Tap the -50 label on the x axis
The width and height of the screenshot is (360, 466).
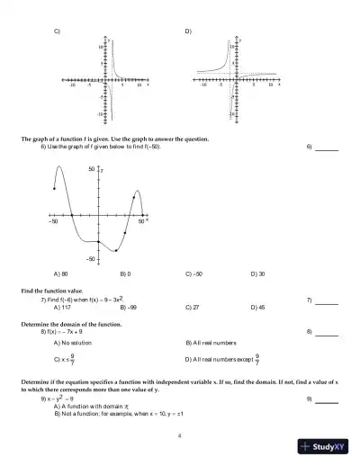pyautogui.click(x=53, y=220)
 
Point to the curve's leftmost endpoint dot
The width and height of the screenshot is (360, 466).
pyautogui.click(x=54, y=188)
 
